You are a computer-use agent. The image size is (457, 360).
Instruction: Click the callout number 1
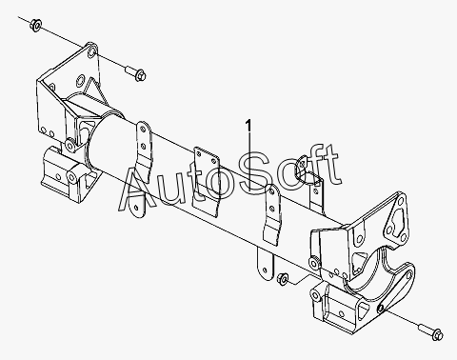248,125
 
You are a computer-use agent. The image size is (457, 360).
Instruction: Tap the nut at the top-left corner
35,25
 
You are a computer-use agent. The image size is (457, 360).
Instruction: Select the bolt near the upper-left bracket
135,72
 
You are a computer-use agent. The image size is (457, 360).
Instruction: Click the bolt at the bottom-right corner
431,331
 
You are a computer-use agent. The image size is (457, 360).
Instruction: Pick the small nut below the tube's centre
282,278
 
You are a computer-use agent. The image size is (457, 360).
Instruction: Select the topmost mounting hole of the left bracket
92,51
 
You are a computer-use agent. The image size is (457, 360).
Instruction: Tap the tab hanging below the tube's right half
265,264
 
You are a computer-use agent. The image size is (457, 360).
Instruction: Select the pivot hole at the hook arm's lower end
381,308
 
